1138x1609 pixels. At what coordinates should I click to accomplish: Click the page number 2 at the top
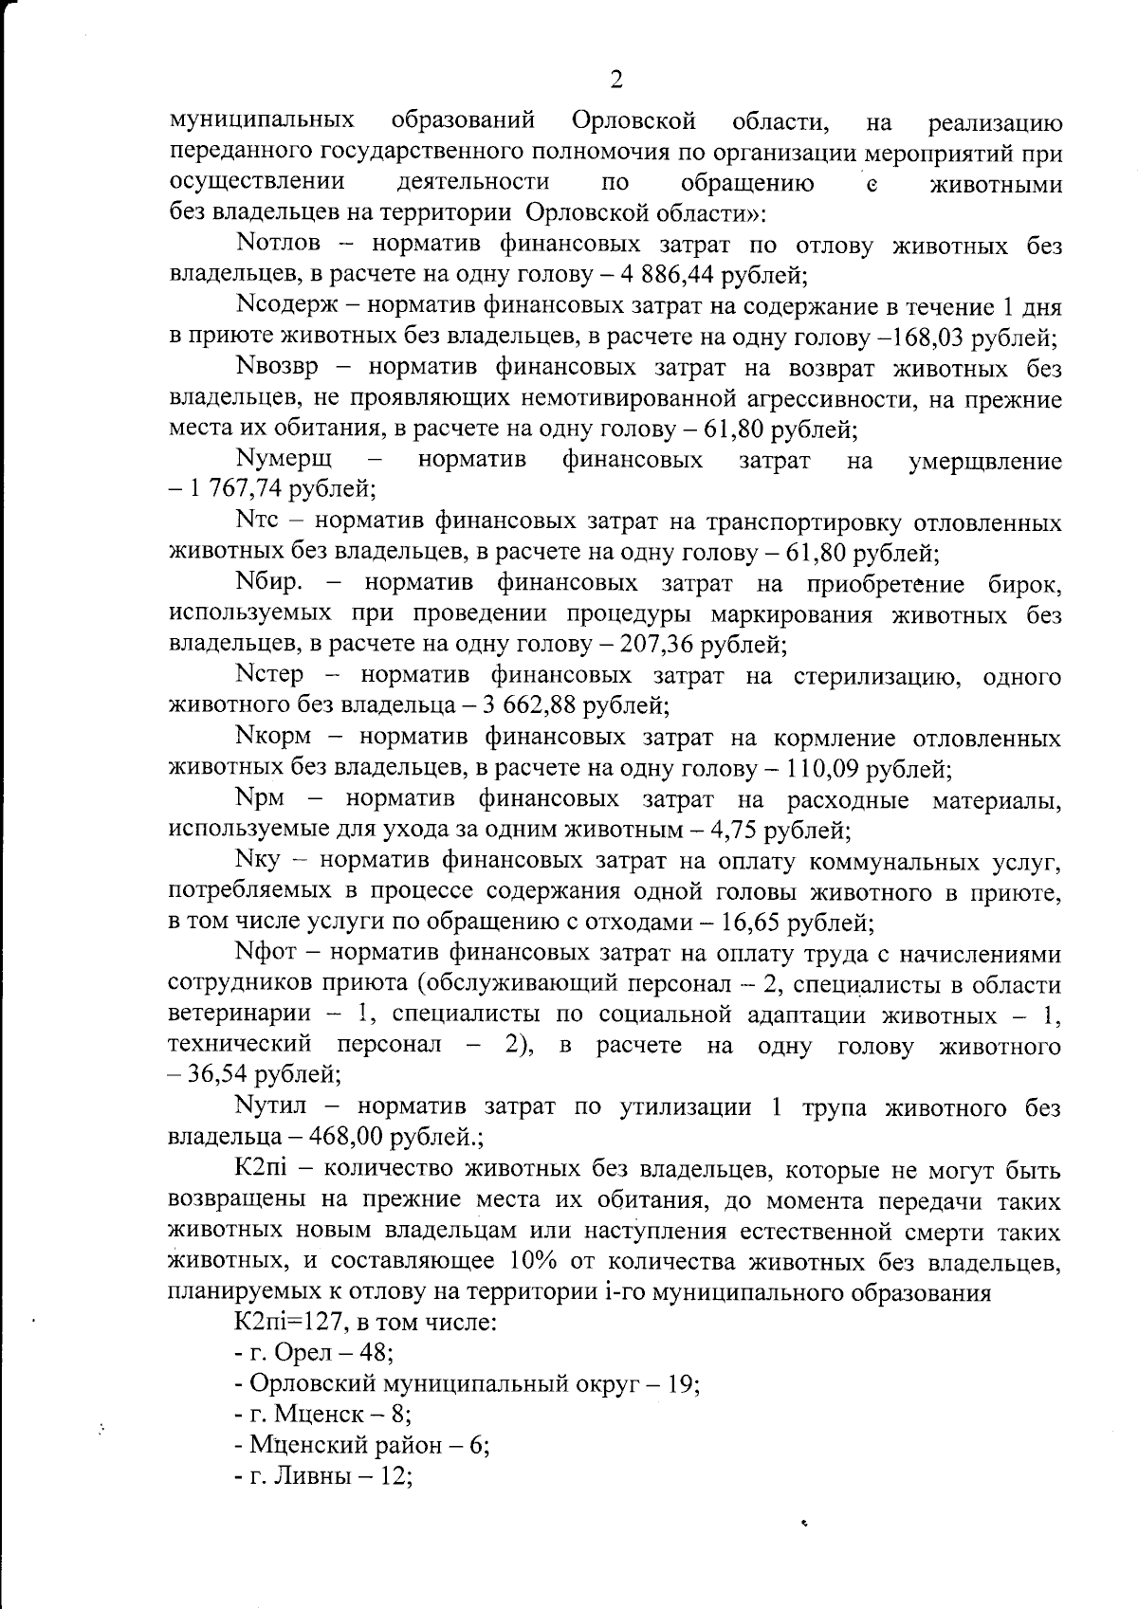616,80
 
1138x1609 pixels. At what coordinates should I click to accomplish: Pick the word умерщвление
984,462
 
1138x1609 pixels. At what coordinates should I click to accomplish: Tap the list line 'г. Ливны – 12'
321,1476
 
